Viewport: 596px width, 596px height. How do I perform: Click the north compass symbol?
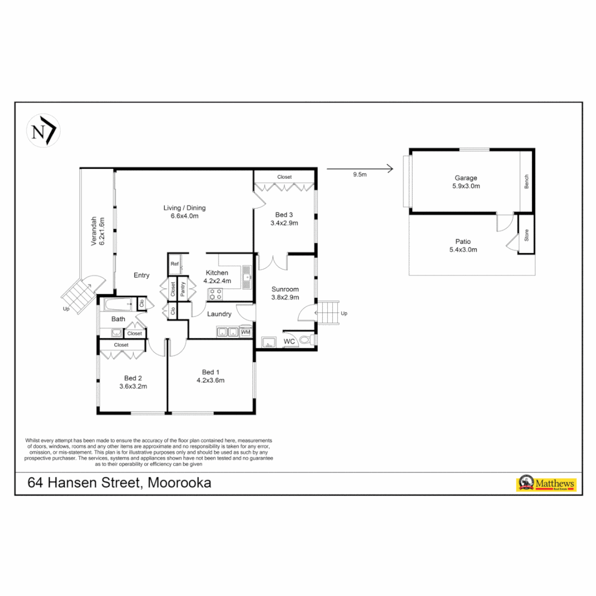pyautogui.click(x=43, y=131)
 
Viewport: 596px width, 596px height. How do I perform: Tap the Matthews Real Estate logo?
pyautogui.click(x=545, y=484)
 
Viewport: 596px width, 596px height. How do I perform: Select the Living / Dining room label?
pyautogui.click(x=184, y=208)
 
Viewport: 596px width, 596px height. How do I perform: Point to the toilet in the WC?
pyautogui.click(x=307, y=340)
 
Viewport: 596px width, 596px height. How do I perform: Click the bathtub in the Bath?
pyautogui.click(x=118, y=304)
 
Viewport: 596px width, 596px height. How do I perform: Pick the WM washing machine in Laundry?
pyautogui.click(x=246, y=332)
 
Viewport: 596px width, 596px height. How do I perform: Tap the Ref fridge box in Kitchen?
pyautogui.click(x=175, y=264)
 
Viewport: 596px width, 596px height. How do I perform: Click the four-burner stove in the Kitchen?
pyautogui.click(x=215, y=294)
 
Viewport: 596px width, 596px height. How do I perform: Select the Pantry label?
pyautogui.click(x=183, y=289)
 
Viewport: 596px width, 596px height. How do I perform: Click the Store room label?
pyautogui.click(x=526, y=236)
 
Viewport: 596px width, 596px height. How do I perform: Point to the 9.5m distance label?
pyautogui.click(x=360, y=175)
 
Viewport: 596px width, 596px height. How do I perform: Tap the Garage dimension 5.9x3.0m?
pyautogui.click(x=466, y=186)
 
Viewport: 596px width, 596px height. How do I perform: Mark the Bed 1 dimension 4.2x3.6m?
pyautogui.click(x=210, y=380)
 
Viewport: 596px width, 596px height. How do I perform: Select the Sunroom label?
pyautogui.click(x=285, y=289)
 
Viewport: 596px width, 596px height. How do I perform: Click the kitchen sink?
pyautogui.click(x=246, y=275)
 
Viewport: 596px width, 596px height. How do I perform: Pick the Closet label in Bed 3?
pyautogui.click(x=284, y=177)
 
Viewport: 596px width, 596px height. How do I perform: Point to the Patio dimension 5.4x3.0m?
pyautogui.click(x=463, y=249)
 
